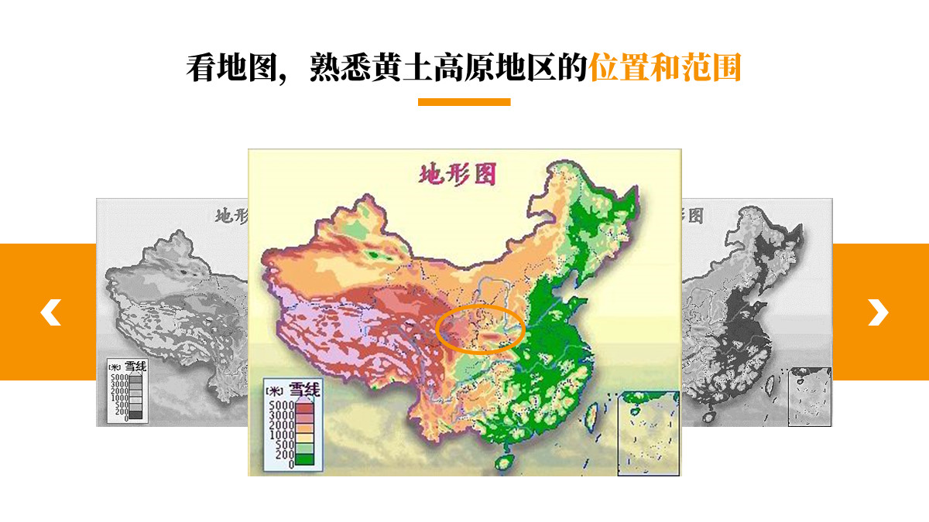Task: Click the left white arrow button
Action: (50, 312)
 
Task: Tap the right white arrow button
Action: (878, 312)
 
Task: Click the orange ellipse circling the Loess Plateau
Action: (481, 309)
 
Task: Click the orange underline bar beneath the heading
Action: (464, 102)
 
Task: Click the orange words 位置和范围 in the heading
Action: (665, 68)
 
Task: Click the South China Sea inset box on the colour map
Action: (648, 433)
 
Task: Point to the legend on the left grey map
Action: (126, 391)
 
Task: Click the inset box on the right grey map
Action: (809, 396)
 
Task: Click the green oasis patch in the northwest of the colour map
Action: (377, 254)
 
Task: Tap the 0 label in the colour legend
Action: (290, 465)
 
